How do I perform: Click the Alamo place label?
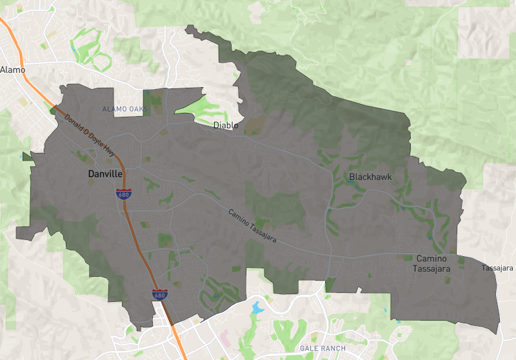(12, 69)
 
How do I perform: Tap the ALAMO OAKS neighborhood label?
(125, 110)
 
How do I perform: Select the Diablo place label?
(226, 125)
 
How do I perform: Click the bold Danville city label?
(105, 174)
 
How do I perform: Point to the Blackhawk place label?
(370, 176)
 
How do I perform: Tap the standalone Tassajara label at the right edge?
(497, 267)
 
